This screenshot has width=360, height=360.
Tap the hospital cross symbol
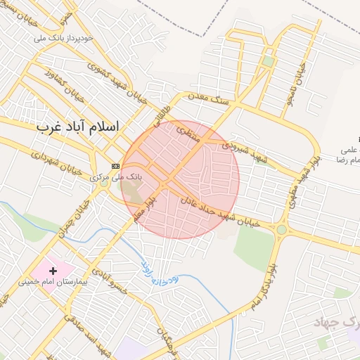(53, 270)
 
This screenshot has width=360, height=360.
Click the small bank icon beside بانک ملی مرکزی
(115, 165)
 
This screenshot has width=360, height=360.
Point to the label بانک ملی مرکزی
(117, 177)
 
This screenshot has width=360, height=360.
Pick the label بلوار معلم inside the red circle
(146, 207)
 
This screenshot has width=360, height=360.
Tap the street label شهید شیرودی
(245, 150)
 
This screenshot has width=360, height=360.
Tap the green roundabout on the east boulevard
(282, 229)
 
